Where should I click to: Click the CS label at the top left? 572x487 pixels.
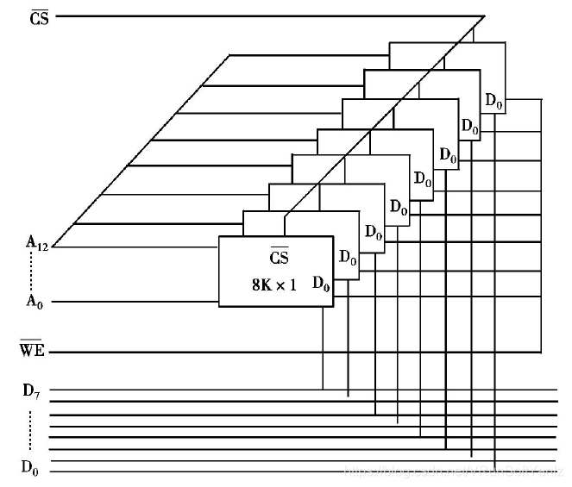[x=40, y=16]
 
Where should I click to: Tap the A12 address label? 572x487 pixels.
[x=36, y=244]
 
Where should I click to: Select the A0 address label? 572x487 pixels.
[x=35, y=302]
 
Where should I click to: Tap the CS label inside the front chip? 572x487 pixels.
[x=279, y=258]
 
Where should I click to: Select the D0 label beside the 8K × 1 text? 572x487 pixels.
[x=320, y=283]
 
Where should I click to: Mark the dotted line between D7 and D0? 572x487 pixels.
[x=31, y=428]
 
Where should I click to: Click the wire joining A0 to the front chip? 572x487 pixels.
[x=129, y=303]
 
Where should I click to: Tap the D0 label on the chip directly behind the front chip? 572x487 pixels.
[x=347, y=257]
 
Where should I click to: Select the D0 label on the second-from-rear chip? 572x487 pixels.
[x=469, y=128]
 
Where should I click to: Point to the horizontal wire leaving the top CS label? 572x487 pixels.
[x=259, y=16]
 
